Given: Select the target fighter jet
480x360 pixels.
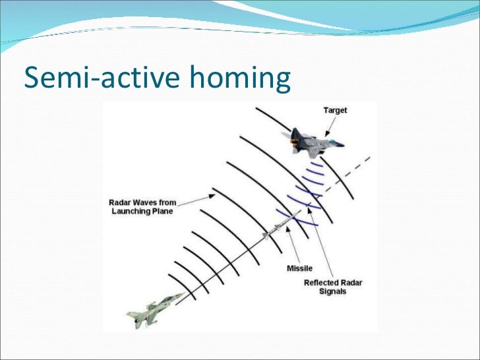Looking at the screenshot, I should coord(316,141).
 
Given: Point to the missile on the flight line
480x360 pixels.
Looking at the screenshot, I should coord(276,229).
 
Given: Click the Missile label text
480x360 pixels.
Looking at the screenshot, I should coord(299,268).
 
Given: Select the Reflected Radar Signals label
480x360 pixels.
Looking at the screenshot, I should coord(333,287).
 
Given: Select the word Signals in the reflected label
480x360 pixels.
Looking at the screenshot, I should coord(334,291).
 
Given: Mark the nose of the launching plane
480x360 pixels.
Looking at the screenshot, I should coord(183,295).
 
